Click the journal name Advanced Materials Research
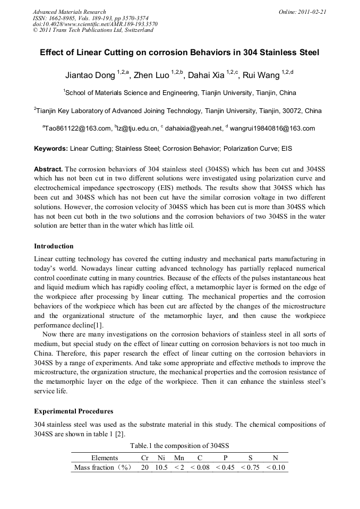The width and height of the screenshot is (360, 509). click(69, 12)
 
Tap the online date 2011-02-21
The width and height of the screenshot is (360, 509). click(304, 12)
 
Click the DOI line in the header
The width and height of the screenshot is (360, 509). click(95, 24)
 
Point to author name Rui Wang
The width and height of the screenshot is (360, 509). click(261, 75)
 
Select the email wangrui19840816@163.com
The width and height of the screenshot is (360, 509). click(273, 128)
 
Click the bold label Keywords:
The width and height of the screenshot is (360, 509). click(51, 149)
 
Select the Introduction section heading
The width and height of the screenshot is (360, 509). click(54, 246)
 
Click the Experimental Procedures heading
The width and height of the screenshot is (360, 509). click(73, 411)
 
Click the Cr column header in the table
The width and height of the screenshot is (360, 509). click(144, 458)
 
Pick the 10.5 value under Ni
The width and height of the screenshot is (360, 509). click(161, 468)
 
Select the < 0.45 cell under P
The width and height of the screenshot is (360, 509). click(225, 468)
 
